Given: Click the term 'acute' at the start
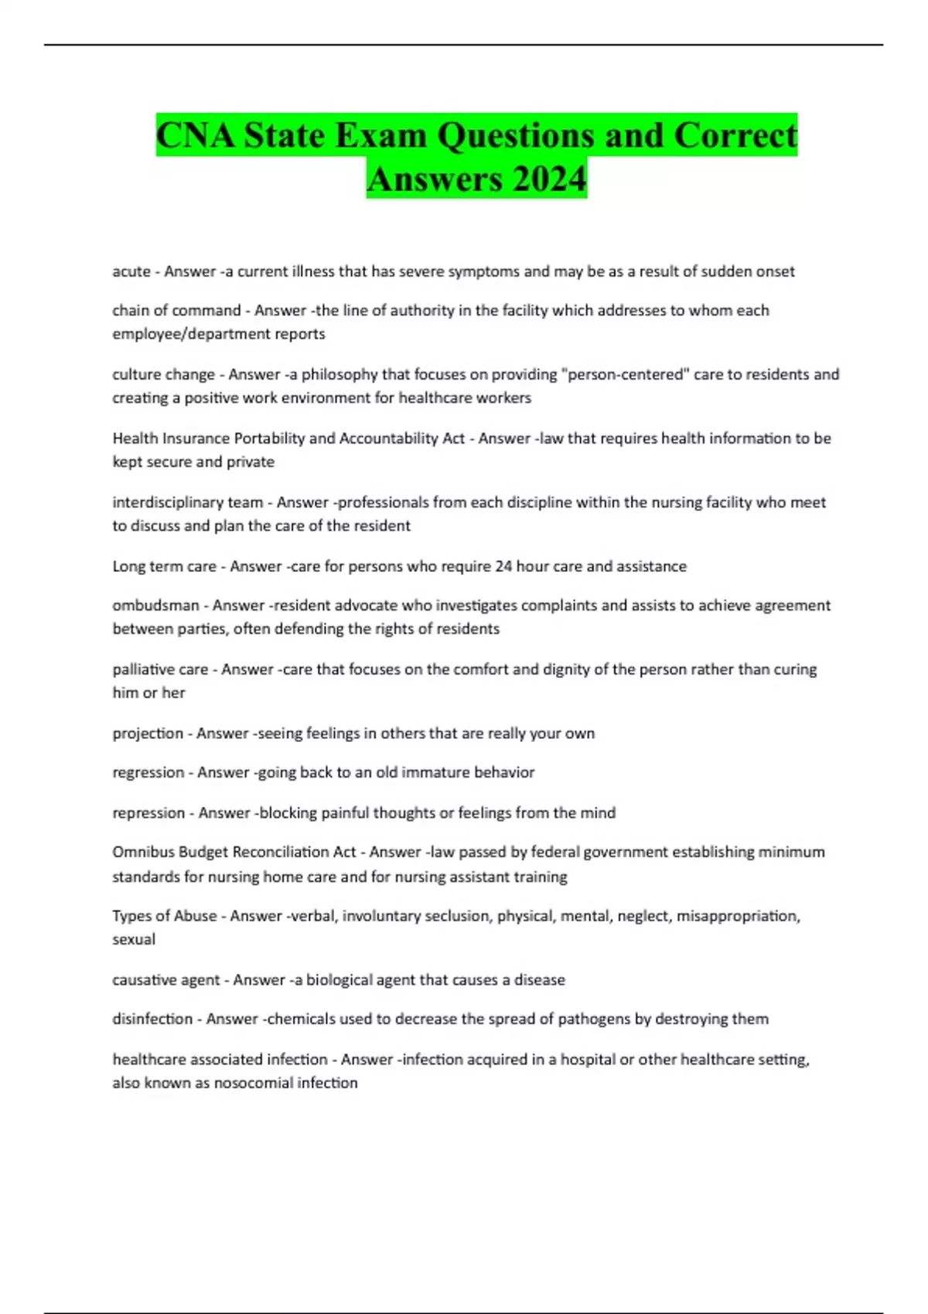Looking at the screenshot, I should click(x=131, y=271).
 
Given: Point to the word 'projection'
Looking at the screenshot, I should click(x=148, y=734).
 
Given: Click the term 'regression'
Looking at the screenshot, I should click(x=148, y=772).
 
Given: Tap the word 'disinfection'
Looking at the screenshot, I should click(x=152, y=1019).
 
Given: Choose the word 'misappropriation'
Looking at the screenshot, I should click(x=737, y=916).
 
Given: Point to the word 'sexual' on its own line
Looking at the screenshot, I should click(x=134, y=940).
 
